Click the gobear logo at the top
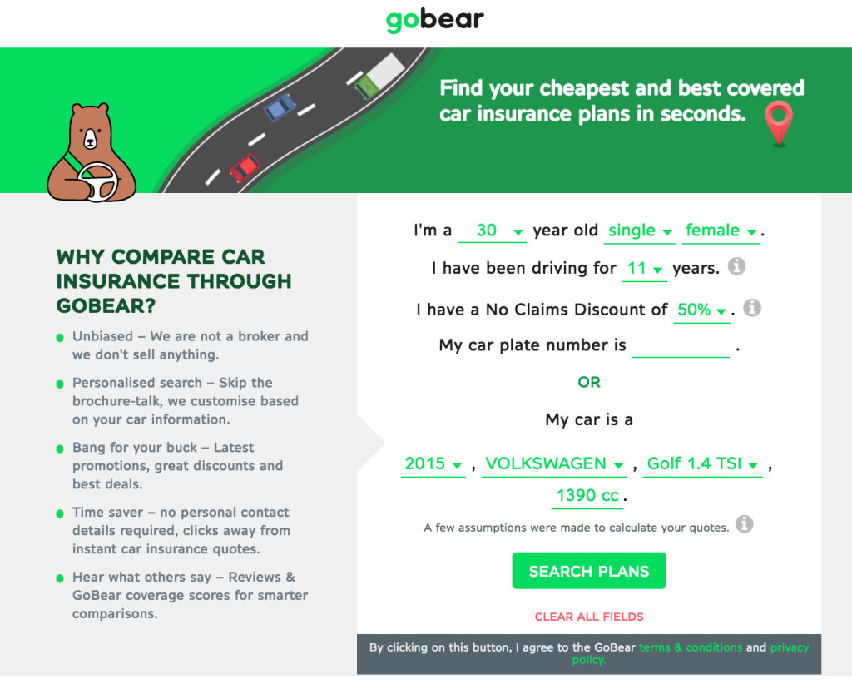tap(434, 21)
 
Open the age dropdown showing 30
tap(493, 231)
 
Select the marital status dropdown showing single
tap(640, 231)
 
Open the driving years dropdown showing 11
tap(645, 269)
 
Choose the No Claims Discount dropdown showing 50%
tap(701, 310)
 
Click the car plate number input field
tap(681, 346)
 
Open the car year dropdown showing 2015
tap(433, 464)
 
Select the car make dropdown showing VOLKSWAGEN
tap(554, 464)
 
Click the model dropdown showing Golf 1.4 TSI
tap(702, 464)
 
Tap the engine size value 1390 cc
tap(587, 496)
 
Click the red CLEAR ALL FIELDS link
tap(589, 617)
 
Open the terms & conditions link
tap(691, 647)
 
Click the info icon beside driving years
tap(737, 267)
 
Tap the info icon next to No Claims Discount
tap(752, 308)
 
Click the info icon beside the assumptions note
tap(745, 524)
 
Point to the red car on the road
tap(245, 168)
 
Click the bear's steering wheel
tap(98, 182)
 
